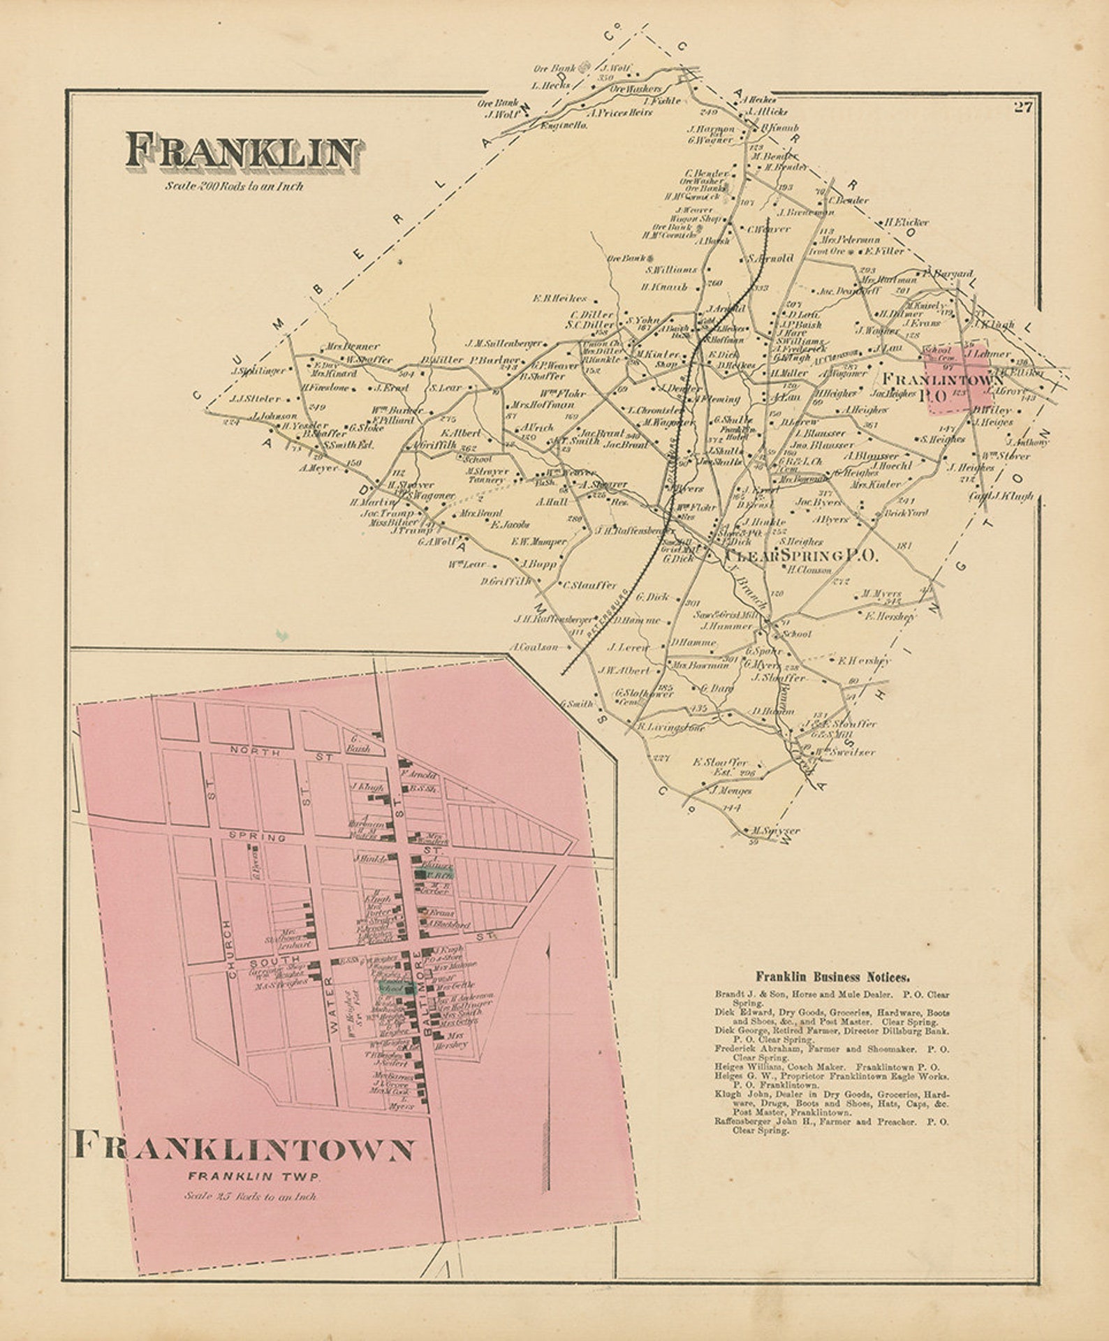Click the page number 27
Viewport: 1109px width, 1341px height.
coord(1023,108)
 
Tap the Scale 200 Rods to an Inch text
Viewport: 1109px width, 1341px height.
coord(234,186)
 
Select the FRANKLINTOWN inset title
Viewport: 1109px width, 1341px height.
coord(244,1149)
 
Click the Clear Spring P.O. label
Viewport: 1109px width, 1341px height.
coord(801,556)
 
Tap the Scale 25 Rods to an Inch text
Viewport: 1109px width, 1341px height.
coord(251,1196)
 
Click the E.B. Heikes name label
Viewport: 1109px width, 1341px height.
coord(559,299)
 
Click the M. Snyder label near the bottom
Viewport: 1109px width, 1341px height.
coord(776,831)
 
